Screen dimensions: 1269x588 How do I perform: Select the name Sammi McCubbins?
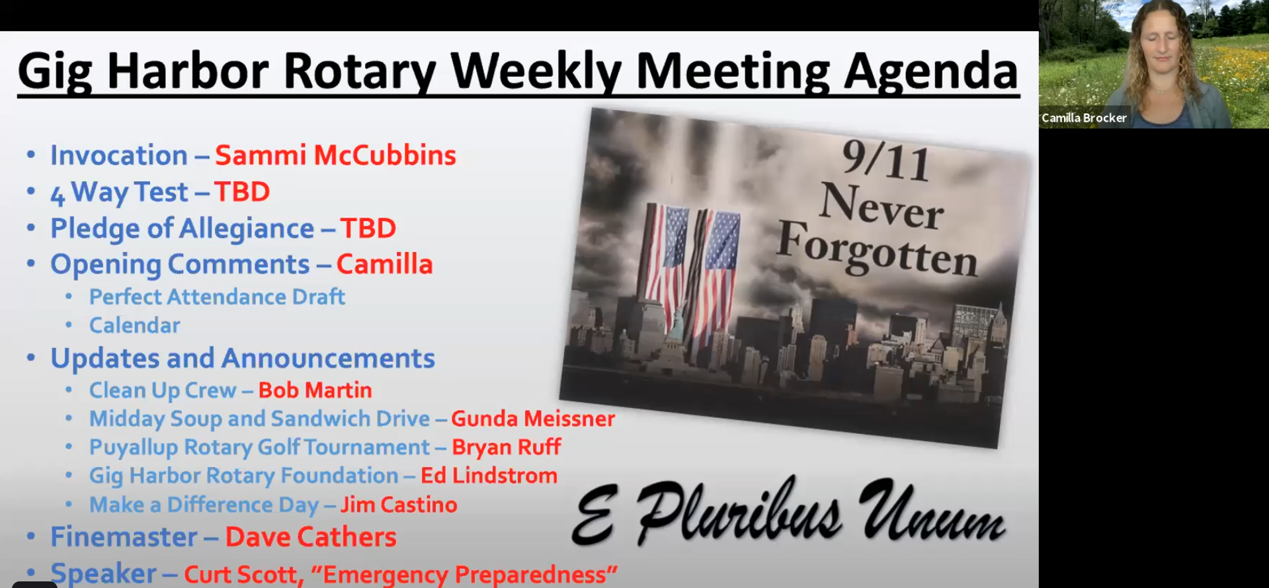tap(335, 155)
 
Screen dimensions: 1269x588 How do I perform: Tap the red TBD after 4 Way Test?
tap(242, 192)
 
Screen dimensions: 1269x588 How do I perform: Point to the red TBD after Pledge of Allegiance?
tap(368, 228)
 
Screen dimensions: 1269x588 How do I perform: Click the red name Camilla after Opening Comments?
tap(385, 264)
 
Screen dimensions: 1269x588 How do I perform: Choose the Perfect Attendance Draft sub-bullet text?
tap(217, 297)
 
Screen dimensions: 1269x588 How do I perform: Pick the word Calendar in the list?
tap(135, 325)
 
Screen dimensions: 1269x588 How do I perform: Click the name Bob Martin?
tap(315, 390)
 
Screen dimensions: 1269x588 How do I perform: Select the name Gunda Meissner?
tap(533, 419)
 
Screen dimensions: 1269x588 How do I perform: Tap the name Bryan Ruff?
tap(507, 447)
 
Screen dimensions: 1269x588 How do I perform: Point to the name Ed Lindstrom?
tap(489, 476)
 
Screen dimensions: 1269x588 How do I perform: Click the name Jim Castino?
tap(399, 505)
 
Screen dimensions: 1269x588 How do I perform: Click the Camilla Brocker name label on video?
tap(1084, 118)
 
